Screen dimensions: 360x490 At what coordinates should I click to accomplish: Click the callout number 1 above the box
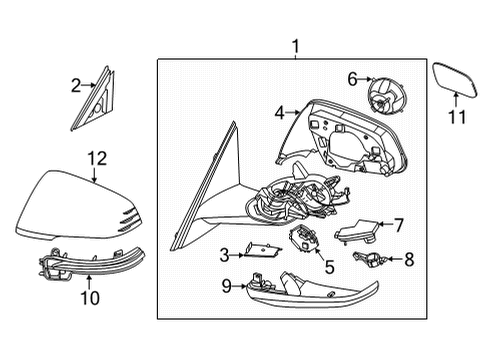tap(295, 46)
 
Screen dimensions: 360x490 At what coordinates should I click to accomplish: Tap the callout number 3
tap(225, 257)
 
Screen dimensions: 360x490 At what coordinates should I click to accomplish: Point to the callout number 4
tap(280, 114)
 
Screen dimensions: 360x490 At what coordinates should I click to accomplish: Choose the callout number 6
tap(351, 77)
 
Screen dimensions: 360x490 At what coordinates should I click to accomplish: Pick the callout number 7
tap(398, 225)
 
